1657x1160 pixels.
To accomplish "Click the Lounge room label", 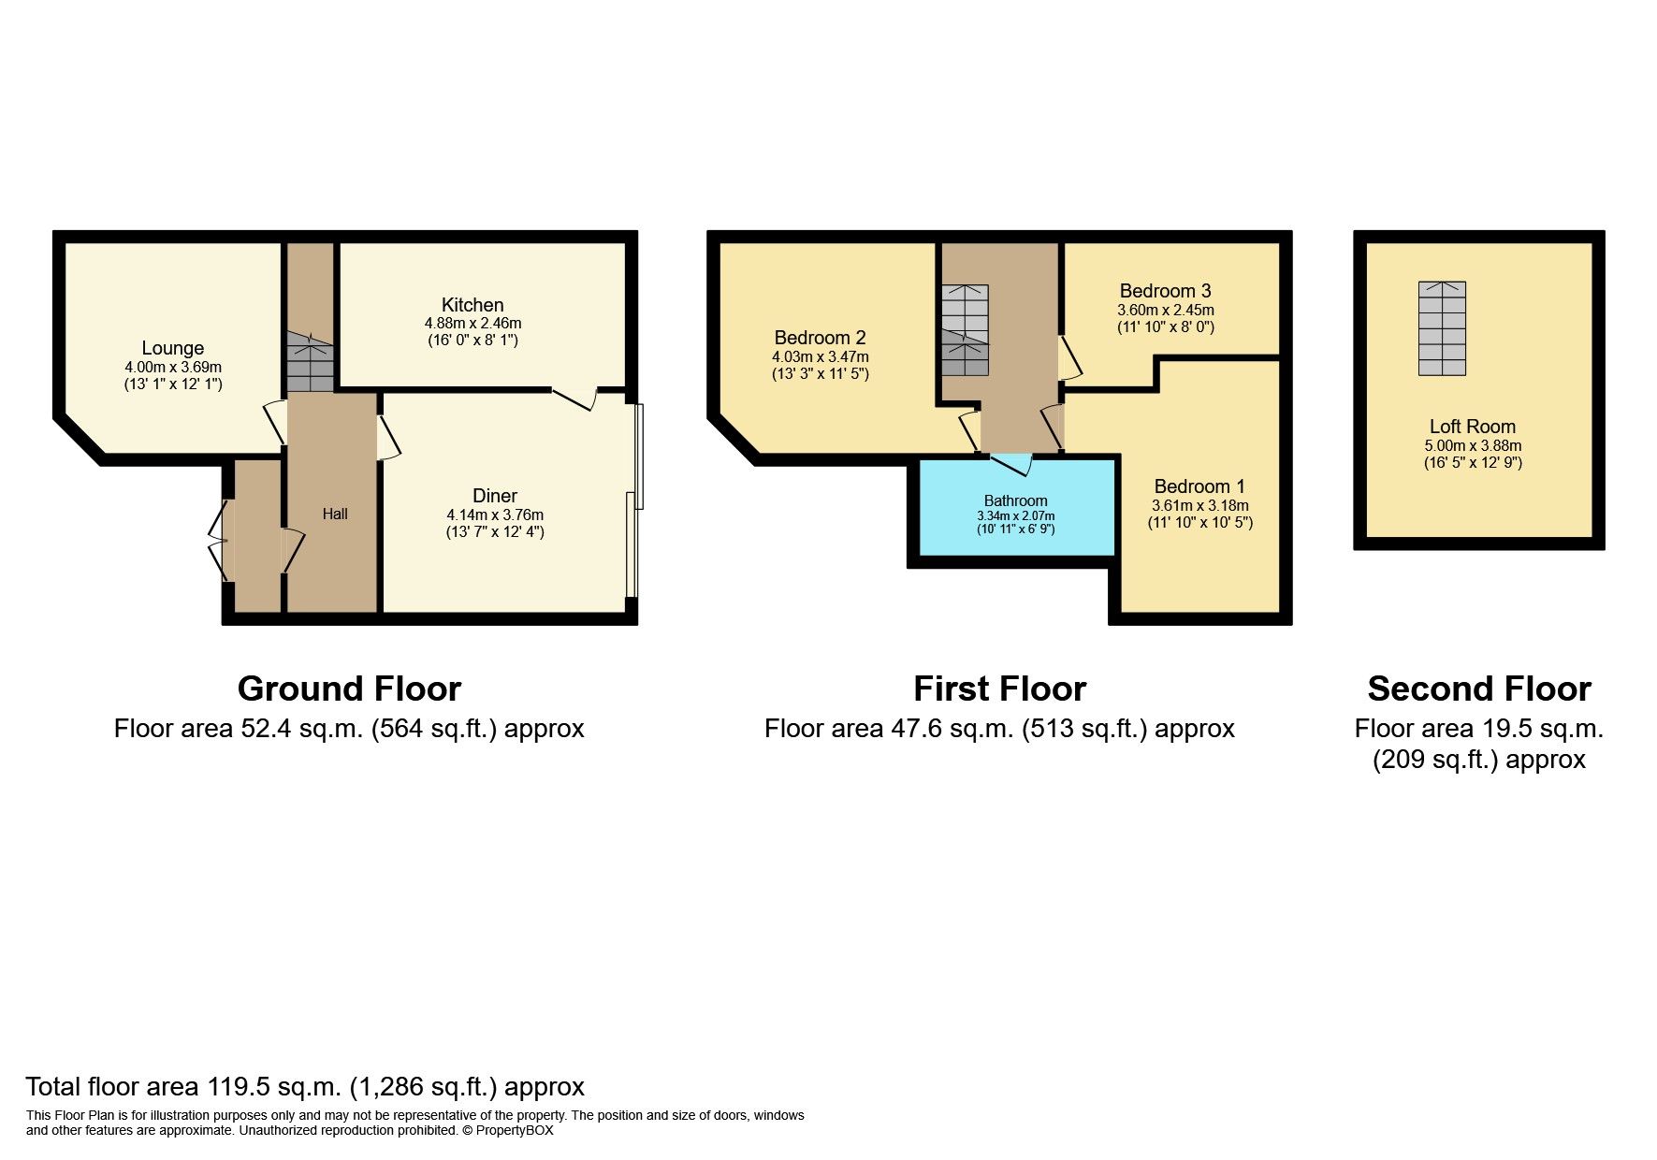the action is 173,348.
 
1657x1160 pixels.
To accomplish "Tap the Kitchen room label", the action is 472,305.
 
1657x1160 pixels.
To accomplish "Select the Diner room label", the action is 495,496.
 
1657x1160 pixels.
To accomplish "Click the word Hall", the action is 335,514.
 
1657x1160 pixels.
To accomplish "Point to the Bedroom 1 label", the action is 1199,486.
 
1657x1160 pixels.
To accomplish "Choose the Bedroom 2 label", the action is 820,338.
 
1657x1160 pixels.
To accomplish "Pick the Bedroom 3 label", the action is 1165,291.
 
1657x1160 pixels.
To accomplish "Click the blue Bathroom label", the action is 1015,500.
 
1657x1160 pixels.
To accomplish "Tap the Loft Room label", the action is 1473,427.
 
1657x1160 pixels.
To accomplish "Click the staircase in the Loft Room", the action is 1442,328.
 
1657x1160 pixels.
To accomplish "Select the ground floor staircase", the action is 310,361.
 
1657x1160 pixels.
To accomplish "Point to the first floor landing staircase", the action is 965,330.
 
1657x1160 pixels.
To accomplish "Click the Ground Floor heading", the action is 349,689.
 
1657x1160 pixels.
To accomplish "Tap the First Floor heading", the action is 999,689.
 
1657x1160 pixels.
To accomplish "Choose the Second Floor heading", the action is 1479,689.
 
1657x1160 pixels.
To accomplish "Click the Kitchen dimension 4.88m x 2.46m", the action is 472,323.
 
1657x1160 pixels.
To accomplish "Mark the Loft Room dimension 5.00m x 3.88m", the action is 1473,445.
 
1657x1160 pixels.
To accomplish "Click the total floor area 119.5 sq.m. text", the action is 305,1087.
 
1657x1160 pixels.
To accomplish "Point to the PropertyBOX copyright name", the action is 515,1130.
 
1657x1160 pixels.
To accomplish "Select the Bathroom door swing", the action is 1011,464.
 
